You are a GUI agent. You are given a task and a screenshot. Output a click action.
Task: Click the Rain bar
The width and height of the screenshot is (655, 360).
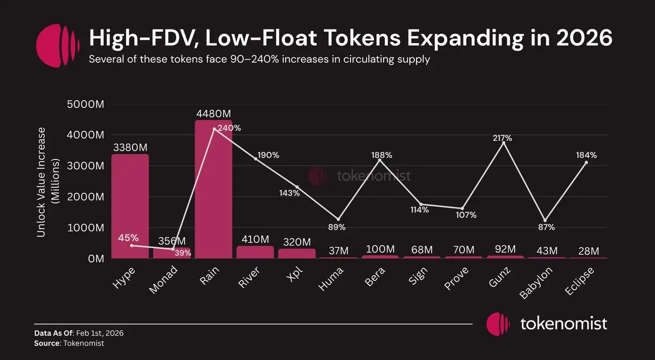pos(213,191)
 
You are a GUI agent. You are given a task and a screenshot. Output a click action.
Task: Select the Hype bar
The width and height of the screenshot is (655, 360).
pos(130,207)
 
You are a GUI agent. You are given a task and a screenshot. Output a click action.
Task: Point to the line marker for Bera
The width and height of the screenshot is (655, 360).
pos(379,160)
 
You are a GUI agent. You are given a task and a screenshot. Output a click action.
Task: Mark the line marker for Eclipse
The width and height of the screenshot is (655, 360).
pos(586,163)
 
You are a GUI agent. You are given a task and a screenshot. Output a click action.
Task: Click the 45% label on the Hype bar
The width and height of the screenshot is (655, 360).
pos(128,238)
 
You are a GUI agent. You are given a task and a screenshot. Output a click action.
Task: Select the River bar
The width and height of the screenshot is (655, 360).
pos(255,252)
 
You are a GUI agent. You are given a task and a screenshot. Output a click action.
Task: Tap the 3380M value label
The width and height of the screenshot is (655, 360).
pos(130,147)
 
